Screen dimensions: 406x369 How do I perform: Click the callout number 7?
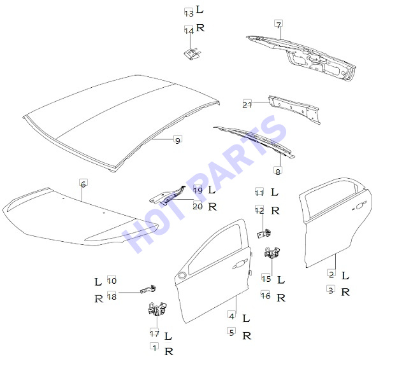(x=279, y=25)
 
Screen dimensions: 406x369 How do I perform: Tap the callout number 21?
(x=247, y=104)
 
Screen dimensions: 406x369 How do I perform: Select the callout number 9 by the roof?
(x=178, y=141)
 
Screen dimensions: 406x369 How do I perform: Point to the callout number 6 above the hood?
(x=83, y=184)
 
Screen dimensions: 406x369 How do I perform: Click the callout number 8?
(x=278, y=171)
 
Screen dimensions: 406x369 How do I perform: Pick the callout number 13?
(x=189, y=13)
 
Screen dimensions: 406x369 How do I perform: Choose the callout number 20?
(x=198, y=206)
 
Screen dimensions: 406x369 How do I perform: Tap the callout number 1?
(x=155, y=347)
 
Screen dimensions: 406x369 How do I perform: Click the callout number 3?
(x=331, y=290)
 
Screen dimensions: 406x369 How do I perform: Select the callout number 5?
(x=232, y=332)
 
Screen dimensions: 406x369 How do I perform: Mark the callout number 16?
(x=266, y=295)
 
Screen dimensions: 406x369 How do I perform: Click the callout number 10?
(x=112, y=281)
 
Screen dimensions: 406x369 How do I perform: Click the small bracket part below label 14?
(x=192, y=53)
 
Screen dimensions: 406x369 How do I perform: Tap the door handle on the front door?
(x=239, y=265)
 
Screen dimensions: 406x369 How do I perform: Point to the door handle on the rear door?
(x=359, y=206)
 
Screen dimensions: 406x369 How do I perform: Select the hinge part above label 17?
(x=157, y=309)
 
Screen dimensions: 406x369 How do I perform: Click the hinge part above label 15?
(x=272, y=253)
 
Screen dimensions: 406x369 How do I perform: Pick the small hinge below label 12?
(x=264, y=233)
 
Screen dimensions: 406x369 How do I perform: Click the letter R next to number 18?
(x=99, y=299)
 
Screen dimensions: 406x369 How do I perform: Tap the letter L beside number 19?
(x=212, y=190)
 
